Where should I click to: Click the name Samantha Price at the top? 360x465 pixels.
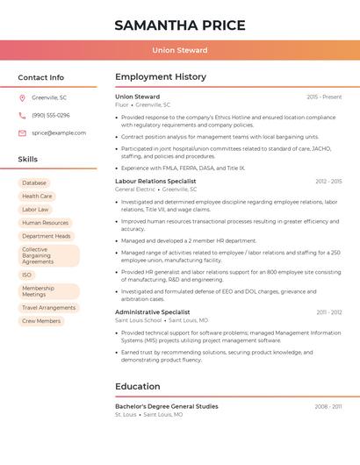pos(179,25)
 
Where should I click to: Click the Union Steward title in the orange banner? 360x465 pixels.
pos(179,50)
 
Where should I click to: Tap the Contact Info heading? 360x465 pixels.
pos(41,77)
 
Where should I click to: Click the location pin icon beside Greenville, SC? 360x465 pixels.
pos(22,97)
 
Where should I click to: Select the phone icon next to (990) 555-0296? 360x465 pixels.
pos(22,115)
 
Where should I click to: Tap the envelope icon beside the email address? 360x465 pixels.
pos(22,132)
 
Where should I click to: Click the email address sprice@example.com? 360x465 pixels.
pos(59,132)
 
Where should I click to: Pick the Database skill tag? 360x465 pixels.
pos(34,182)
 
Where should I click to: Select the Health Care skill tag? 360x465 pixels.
pos(37,197)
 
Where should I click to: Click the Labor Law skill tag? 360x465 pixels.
pos(36,210)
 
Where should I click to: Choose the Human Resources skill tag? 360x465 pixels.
pos(45,223)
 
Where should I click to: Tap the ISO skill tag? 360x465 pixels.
pos(27,275)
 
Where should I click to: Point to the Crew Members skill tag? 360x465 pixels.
pos(41,321)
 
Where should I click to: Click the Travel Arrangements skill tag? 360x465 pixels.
pos(48,308)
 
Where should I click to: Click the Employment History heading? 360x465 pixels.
pos(161,77)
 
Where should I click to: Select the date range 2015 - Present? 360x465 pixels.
pos(324,97)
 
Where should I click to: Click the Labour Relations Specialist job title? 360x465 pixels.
pos(155,181)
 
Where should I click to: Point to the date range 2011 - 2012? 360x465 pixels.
pos(329,312)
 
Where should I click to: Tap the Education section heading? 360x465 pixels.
pos(138,386)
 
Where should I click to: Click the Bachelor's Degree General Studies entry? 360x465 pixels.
pos(166,406)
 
